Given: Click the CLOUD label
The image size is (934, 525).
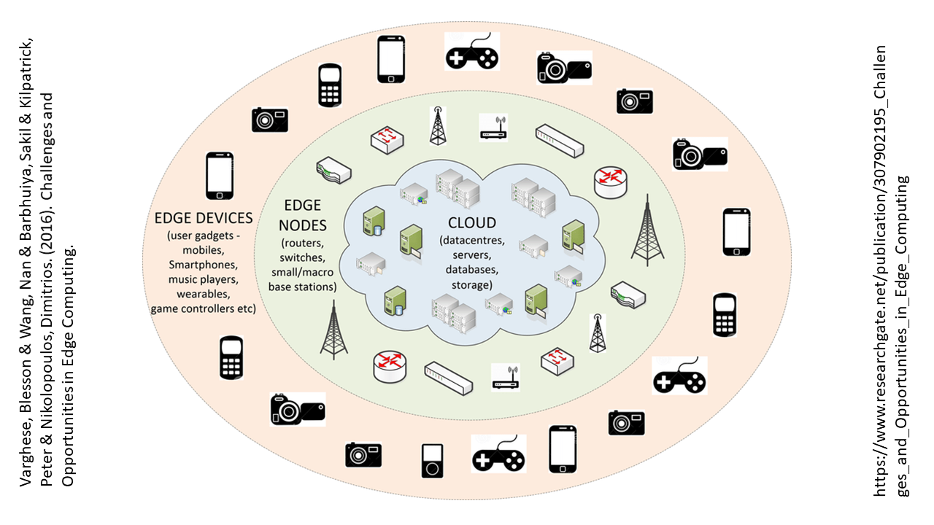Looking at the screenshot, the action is (x=472, y=223).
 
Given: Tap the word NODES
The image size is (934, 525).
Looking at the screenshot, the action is (x=302, y=225).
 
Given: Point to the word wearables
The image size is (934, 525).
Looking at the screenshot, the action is (x=203, y=294).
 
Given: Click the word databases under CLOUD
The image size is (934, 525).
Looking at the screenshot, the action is (x=471, y=270).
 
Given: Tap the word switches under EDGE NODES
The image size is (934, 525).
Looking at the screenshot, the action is (x=302, y=257).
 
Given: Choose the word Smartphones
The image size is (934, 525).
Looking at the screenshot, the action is (x=203, y=265).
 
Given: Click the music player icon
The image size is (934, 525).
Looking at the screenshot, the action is (x=433, y=461).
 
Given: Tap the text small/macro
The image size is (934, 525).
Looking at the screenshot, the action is (x=302, y=273).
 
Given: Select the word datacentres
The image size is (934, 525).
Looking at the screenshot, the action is (x=471, y=241).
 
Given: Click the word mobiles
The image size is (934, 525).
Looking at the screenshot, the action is (x=203, y=250).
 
